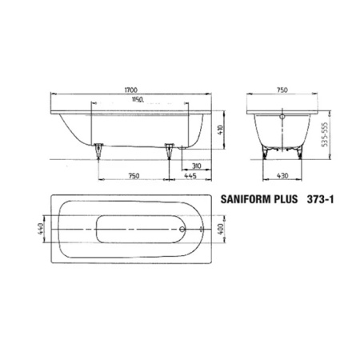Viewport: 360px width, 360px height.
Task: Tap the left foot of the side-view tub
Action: (x=98, y=150)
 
